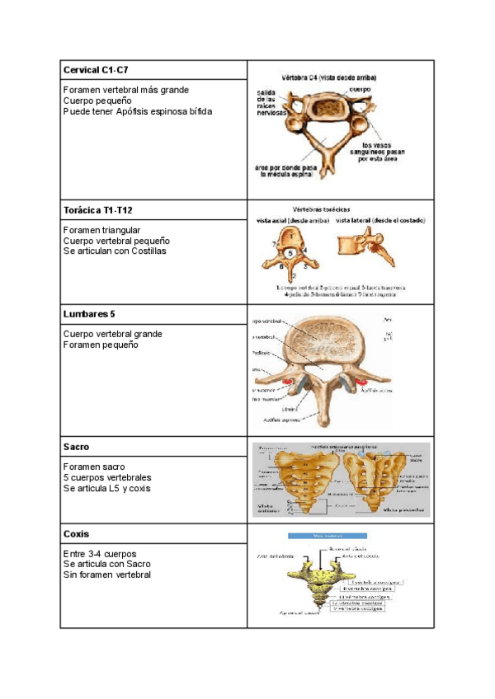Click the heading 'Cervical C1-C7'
coord(97,70)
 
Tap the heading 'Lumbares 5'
coord(89,315)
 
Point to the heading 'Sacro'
coord(76,447)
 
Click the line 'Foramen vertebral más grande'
coord(125,90)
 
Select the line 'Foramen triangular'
coord(101,230)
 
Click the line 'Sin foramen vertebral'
coord(106,575)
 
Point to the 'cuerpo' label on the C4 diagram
coord(360,88)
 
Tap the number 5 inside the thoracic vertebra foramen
coord(291,253)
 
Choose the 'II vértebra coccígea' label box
coord(366,589)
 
